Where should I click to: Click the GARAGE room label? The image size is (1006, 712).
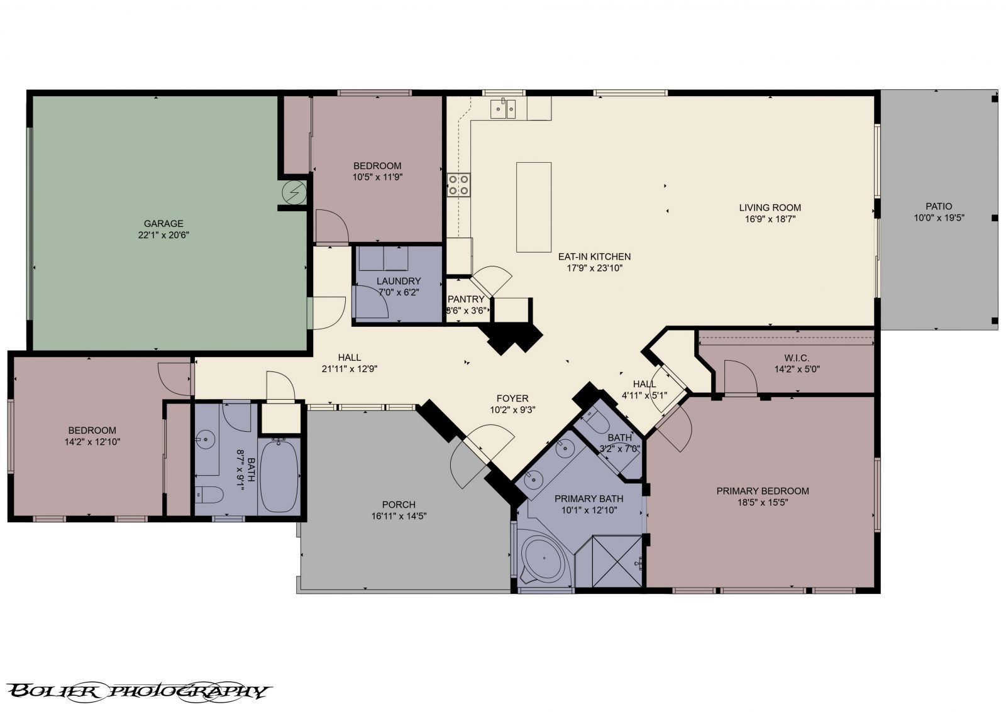[x=163, y=223]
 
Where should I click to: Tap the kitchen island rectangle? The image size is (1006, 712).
[x=534, y=207]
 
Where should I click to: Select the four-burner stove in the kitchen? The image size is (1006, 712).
[x=458, y=185]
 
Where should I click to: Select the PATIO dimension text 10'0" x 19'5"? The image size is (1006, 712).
[x=939, y=218]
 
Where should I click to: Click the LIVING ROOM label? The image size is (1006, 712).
[x=770, y=207]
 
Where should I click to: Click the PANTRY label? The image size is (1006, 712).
[x=466, y=299]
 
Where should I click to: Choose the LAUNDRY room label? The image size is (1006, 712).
[x=399, y=281]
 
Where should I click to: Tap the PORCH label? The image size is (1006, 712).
[x=399, y=504]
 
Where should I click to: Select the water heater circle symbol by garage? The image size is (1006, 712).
[x=294, y=191]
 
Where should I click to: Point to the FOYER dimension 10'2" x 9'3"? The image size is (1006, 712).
[x=512, y=410]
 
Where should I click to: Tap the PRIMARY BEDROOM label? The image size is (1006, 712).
[x=762, y=491]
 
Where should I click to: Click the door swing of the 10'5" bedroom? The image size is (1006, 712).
[x=331, y=227]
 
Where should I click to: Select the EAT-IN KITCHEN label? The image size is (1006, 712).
[x=594, y=256]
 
